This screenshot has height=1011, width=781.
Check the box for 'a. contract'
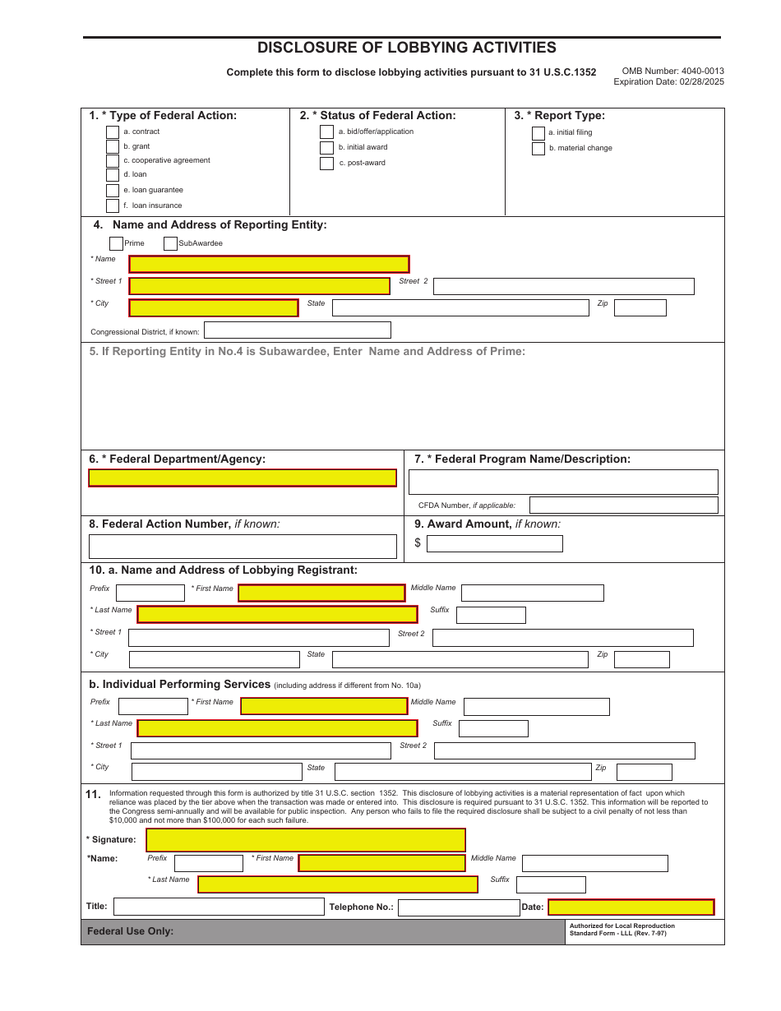[x=113, y=132]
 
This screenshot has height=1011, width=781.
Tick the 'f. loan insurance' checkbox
[x=113, y=205]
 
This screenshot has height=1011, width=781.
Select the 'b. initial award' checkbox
[x=326, y=148]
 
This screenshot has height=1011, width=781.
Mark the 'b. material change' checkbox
[x=538, y=149]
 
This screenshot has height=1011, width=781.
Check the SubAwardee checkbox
[x=170, y=243]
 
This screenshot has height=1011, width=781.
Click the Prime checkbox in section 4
[x=116, y=243]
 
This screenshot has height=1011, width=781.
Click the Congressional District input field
[x=297, y=330]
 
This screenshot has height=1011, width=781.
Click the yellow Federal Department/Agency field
[x=243, y=478]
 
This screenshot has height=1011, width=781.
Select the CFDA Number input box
[x=623, y=505]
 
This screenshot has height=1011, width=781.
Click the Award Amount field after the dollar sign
[x=494, y=543]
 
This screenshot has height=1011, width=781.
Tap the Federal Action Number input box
[x=243, y=547]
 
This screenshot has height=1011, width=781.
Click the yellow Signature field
[x=305, y=840]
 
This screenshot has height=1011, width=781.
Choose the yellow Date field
[x=631, y=907]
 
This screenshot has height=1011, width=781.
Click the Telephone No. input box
[x=458, y=907]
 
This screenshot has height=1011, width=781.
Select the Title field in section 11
[x=219, y=907]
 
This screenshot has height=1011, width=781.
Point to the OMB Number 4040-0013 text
[x=672, y=72]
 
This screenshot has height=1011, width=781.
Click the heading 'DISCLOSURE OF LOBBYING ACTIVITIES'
[x=406, y=48]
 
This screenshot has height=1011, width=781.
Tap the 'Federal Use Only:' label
[x=131, y=931]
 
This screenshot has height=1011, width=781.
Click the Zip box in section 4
[x=640, y=308]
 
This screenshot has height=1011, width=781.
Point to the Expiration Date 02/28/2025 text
[x=668, y=81]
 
